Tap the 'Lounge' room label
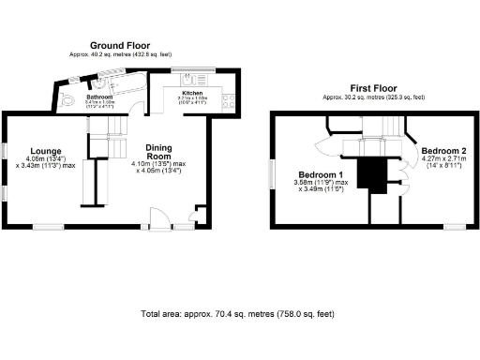point(45,151)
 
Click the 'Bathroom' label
point(98,97)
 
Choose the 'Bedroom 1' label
point(321,175)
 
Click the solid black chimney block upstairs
point(378,173)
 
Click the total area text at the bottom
point(236,313)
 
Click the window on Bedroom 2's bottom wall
point(456,227)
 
